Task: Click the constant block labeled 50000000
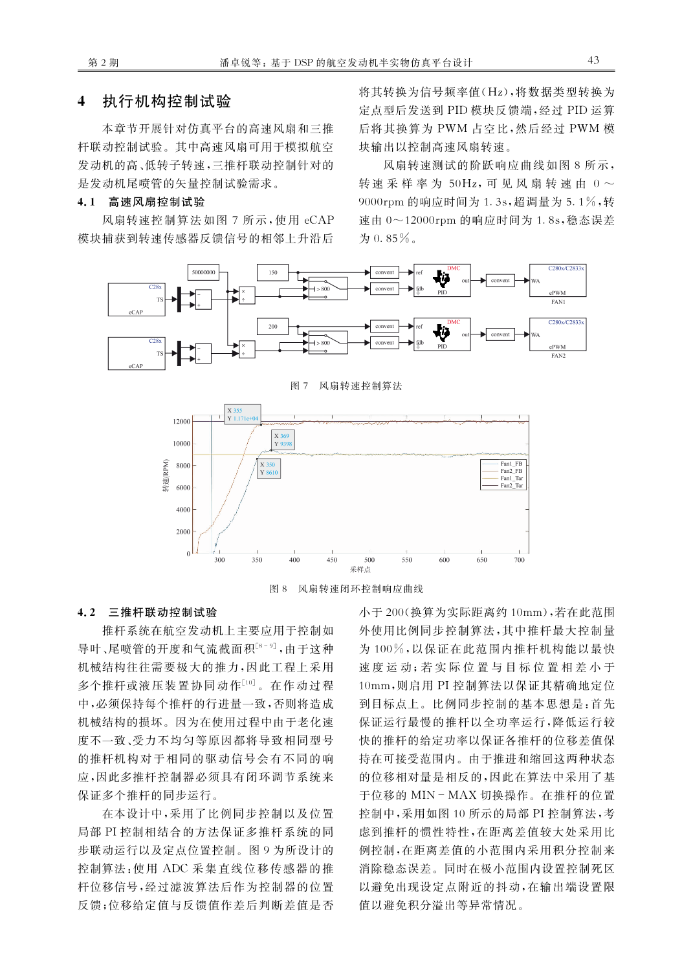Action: (203, 272)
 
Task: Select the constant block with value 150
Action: (272, 272)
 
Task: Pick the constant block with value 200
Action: (272, 327)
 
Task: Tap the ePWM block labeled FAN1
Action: (558, 281)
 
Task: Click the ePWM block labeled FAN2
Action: (558, 334)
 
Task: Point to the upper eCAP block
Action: (137, 299)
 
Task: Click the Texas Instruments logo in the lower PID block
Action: (441, 332)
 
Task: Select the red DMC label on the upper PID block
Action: (453, 268)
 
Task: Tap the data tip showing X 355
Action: (243, 414)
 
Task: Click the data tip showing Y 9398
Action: (283, 440)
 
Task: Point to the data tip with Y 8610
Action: (268, 468)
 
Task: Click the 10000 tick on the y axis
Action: (182, 444)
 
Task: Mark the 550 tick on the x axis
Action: (407, 560)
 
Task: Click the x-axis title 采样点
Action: (360, 570)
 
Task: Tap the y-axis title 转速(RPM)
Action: (166, 476)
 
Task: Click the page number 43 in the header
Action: (593, 61)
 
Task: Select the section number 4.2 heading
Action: (86, 613)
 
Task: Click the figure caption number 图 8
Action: (278, 589)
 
